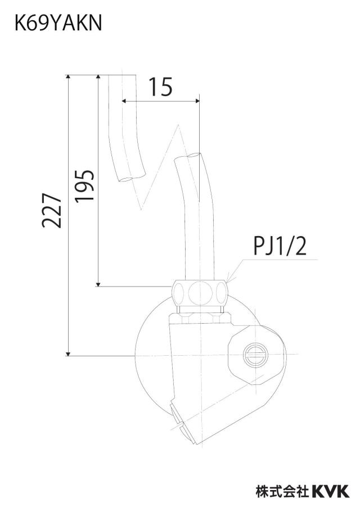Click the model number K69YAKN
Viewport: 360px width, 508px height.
pyautogui.click(x=58, y=23)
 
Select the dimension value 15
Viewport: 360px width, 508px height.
pyautogui.click(x=160, y=87)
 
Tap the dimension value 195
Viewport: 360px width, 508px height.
pyautogui.click(x=85, y=185)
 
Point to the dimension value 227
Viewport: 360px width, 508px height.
pyautogui.click(x=52, y=211)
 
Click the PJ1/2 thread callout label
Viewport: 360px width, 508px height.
pyautogui.click(x=280, y=246)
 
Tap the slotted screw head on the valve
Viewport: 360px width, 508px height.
pyautogui.click(x=255, y=354)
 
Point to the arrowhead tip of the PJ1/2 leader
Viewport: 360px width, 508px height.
pyautogui.click(x=228, y=280)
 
